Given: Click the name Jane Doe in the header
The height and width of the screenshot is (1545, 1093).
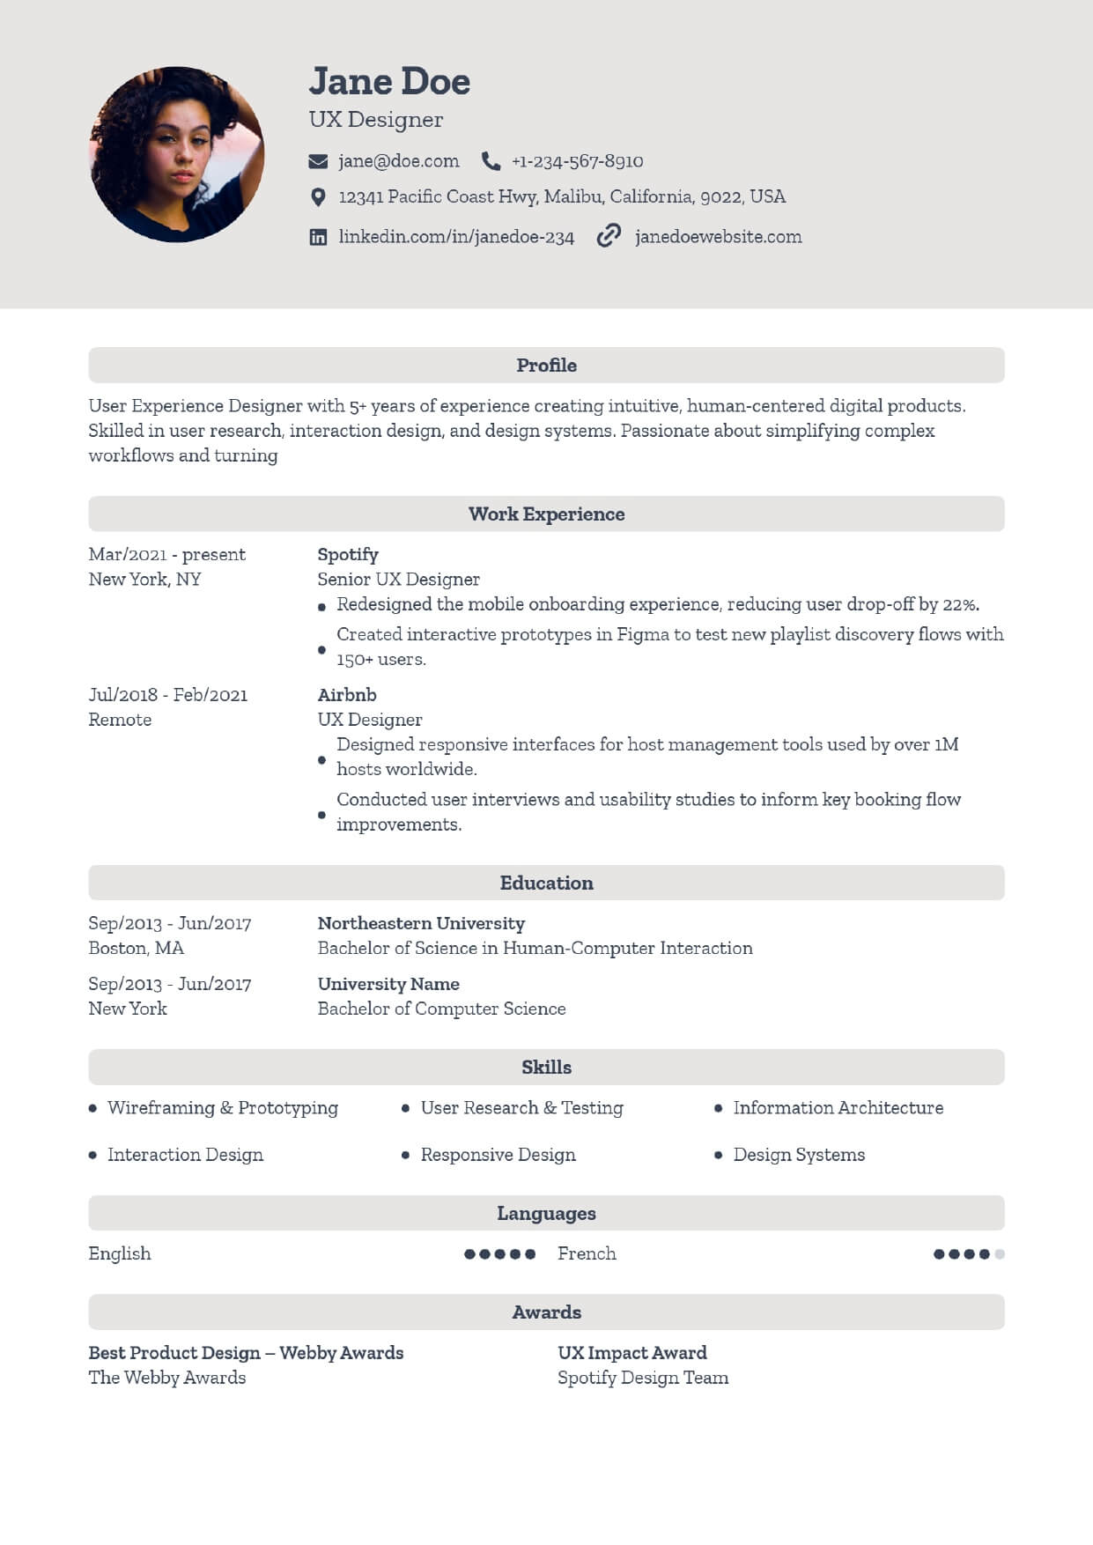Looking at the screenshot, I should pyautogui.click(x=389, y=82).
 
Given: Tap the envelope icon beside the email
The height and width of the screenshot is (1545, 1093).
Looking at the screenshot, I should pyautogui.click(x=318, y=161).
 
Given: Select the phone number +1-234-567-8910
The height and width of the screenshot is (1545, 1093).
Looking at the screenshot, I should pyautogui.click(x=577, y=161).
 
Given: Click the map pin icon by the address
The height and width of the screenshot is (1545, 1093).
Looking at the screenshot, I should pyautogui.click(x=318, y=197).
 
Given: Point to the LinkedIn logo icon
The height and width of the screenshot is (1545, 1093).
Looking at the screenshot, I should pyautogui.click(x=318, y=237).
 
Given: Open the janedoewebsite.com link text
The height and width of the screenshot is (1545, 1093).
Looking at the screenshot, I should pyautogui.click(x=718, y=237).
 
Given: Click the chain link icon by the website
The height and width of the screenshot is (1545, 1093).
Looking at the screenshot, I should pyautogui.click(x=609, y=236).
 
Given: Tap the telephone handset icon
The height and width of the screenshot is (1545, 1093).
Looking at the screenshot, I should pyautogui.click(x=491, y=161).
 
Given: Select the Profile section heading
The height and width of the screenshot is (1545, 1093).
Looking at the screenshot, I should pyautogui.click(x=546, y=366).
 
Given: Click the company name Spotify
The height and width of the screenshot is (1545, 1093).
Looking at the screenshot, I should pyautogui.click(x=348, y=555).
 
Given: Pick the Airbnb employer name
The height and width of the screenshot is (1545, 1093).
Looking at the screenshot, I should pyautogui.click(x=347, y=695).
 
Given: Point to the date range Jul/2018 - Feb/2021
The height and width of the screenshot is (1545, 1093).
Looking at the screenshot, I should pyautogui.click(x=168, y=695).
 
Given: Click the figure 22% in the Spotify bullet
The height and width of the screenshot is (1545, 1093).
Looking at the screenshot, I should pyautogui.click(x=960, y=605).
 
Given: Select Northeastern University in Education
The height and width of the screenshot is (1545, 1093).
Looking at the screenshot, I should pyautogui.click(x=421, y=923).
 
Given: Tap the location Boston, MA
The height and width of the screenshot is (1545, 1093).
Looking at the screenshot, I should pyautogui.click(x=137, y=949).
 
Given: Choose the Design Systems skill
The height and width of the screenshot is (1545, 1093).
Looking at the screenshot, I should pyautogui.click(x=799, y=1155).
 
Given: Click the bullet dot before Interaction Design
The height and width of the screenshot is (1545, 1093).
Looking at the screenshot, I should pyautogui.click(x=92, y=1155).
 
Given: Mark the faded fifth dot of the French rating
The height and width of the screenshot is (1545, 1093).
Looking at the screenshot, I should pyautogui.click(x=1000, y=1254).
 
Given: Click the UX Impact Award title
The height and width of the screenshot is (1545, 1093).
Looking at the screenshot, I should pyautogui.click(x=632, y=1353).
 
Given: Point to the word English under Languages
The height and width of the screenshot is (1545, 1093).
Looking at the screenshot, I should pyautogui.click(x=120, y=1253).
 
